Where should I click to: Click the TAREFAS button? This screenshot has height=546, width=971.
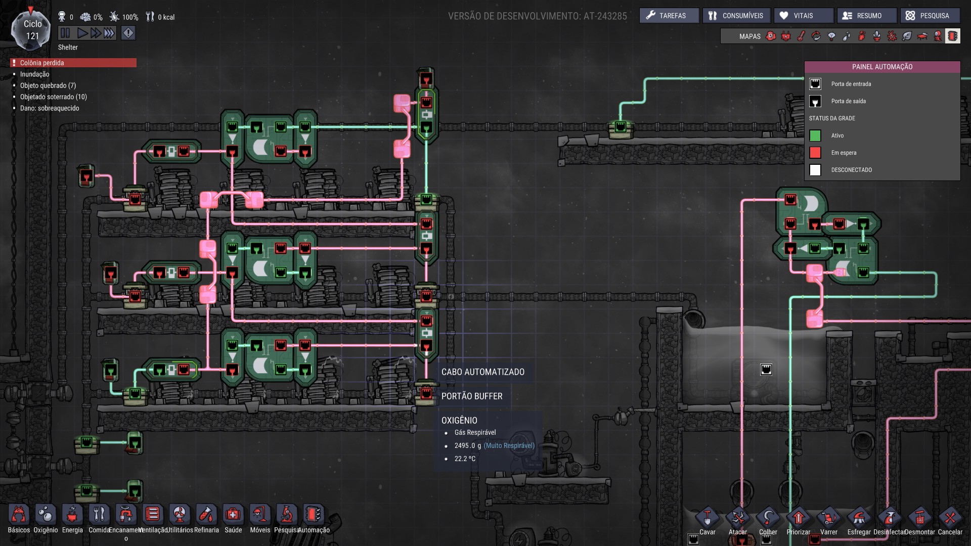tap(669, 16)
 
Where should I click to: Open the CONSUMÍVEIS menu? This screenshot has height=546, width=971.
tap(736, 16)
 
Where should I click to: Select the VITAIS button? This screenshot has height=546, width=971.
tap(803, 16)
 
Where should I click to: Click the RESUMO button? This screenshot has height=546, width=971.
tap(867, 16)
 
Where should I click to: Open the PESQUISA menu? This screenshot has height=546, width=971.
tap(930, 16)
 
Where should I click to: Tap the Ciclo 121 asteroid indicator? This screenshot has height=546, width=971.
tap(31, 30)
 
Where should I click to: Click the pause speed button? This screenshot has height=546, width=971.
tap(65, 33)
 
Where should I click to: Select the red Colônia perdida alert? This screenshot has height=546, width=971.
tap(73, 63)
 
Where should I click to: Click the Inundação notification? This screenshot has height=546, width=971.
tap(35, 74)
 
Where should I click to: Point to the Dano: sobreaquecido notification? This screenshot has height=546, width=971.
tap(50, 108)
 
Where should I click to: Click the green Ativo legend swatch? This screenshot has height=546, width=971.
tap(815, 135)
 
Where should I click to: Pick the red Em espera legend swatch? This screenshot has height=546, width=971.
tap(815, 153)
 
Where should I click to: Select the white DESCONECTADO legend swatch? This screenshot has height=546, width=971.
tap(815, 170)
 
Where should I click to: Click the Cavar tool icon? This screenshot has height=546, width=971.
tap(707, 518)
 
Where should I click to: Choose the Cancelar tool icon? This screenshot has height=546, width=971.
tap(950, 518)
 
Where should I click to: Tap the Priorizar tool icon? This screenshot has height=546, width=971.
tap(799, 518)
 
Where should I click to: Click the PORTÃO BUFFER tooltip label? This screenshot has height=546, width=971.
tap(472, 396)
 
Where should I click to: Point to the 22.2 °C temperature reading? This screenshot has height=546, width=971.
tap(465, 459)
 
